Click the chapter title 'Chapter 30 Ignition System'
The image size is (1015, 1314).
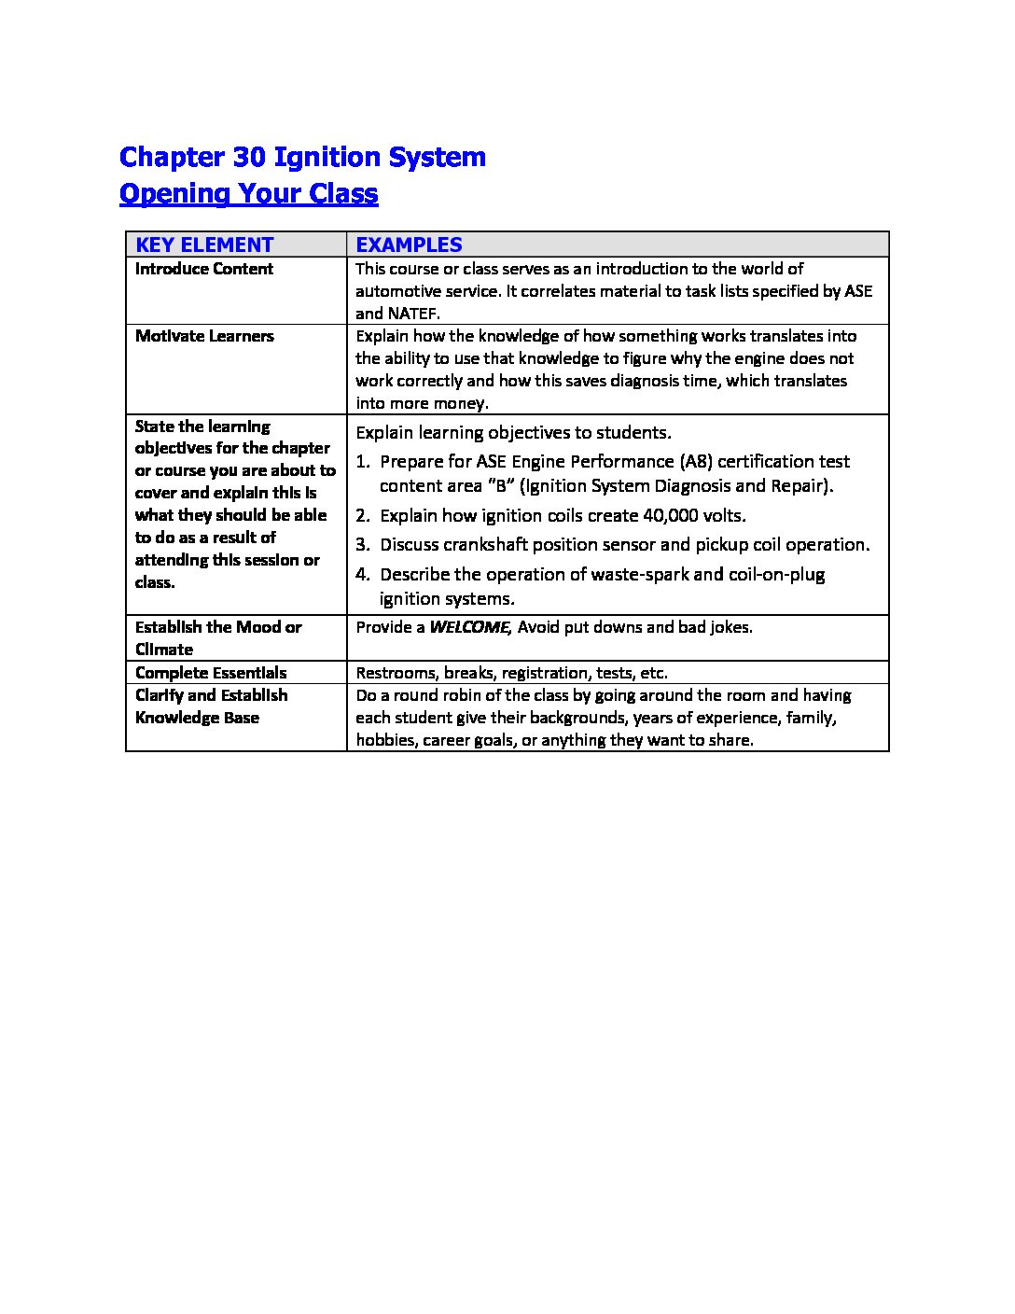tap(302, 157)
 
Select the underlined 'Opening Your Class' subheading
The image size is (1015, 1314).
tap(249, 194)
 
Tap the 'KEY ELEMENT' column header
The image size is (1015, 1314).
tap(204, 245)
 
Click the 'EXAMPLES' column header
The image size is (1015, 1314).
tap(409, 245)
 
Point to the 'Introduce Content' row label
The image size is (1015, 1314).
tap(204, 269)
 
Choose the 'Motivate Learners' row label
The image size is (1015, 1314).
tap(204, 336)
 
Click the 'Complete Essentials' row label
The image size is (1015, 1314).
tap(211, 673)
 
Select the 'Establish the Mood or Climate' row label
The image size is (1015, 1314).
tap(218, 638)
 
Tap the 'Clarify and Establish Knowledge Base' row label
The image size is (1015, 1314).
tap(211, 706)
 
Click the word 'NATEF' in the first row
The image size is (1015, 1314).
tap(412, 314)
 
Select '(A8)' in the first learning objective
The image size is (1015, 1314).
tap(696, 461)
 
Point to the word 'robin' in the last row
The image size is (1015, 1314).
tap(480, 695)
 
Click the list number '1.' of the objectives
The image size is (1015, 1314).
tap(364, 461)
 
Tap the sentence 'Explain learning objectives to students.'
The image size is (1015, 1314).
tap(513, 432)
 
